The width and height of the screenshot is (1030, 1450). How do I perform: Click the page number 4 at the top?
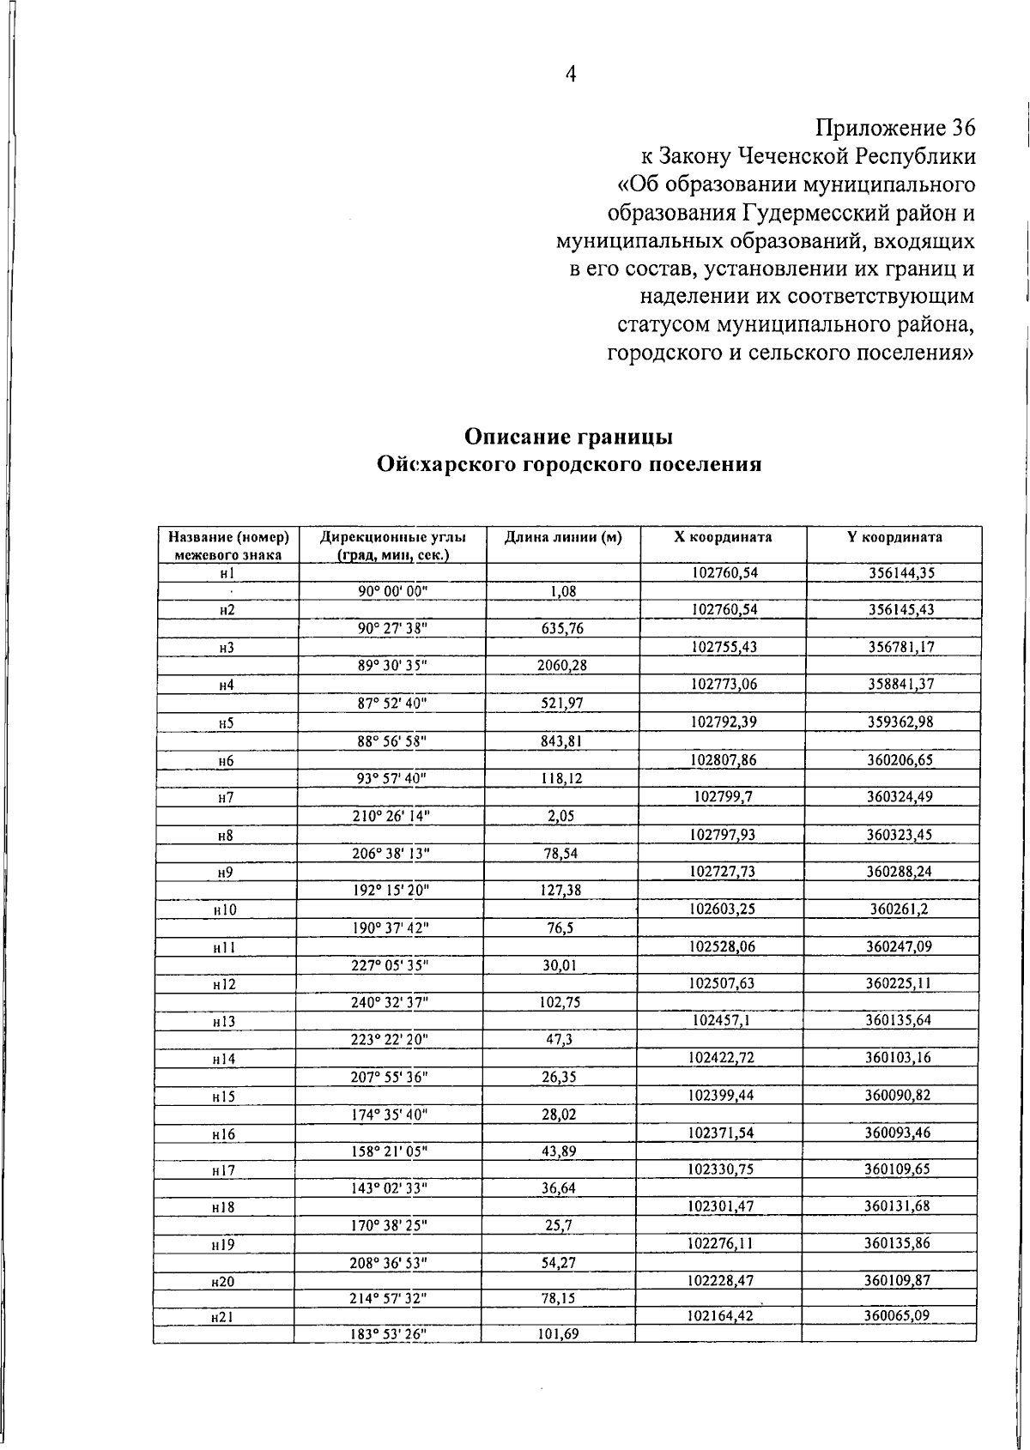(x=570, y=75)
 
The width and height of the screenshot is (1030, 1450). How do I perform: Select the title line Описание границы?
(x=568, y=436)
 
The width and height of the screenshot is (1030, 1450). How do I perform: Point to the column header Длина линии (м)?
(x=563, y=537)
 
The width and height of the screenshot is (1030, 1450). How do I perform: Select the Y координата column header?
(x=894, y=537)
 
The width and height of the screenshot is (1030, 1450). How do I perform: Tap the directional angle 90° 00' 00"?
(x=391, y=590)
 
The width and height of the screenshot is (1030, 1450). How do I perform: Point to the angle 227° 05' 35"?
(x=390, y=965)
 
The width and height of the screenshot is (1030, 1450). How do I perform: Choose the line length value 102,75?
(x=560, y=1002)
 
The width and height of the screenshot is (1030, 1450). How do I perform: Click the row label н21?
(x=222, y=1317)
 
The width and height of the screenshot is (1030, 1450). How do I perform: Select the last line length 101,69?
(x=559, y=1334)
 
